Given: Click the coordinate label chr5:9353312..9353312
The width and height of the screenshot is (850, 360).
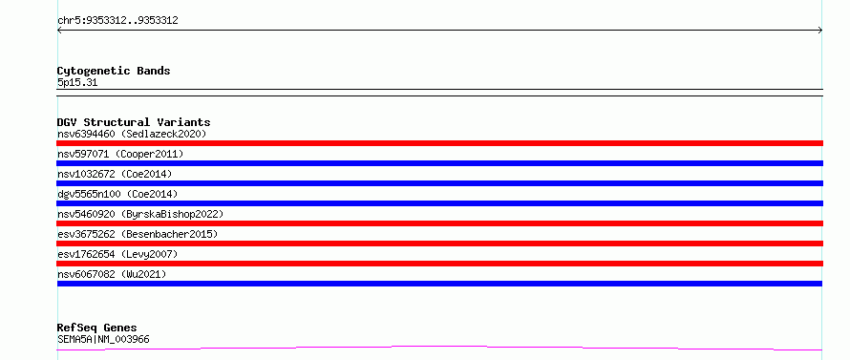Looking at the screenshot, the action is [117, 21].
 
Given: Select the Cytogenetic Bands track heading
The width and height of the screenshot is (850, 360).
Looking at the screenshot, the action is [114, 71].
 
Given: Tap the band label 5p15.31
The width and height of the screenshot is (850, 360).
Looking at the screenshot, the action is [77, 83].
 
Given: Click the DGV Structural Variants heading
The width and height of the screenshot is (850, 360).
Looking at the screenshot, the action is [134, 122].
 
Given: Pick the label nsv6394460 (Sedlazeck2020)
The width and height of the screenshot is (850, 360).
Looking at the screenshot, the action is [132, 134].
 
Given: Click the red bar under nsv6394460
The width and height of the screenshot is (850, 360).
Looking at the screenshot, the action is [439, 143].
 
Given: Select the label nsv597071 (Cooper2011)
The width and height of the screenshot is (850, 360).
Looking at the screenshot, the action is [120, 154].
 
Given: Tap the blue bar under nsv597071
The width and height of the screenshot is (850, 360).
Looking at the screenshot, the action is [439, 163].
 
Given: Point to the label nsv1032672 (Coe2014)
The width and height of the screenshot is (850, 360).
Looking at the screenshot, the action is [115, 174].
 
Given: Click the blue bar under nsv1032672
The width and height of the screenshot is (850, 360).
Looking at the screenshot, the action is [439, 183].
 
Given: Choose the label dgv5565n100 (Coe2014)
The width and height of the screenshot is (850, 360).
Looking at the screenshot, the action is [117, 194].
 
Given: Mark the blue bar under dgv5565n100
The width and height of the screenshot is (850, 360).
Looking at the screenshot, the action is [439, 203].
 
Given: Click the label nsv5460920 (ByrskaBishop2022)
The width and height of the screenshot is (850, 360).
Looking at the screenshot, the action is [140, 214].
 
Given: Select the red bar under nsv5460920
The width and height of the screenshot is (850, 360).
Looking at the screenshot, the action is [439, 223].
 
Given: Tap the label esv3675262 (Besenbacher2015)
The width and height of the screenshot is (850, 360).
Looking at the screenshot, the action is [138, 234].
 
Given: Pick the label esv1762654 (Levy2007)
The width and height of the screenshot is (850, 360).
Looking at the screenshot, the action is [117, 254].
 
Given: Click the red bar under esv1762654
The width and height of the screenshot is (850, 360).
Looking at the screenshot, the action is [439, 264].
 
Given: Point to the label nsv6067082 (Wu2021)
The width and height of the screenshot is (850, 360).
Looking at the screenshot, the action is [112, 274].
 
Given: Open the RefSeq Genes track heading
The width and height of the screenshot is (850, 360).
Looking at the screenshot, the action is [97, 328].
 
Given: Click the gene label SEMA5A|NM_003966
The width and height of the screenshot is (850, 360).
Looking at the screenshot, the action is [103, 340].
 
